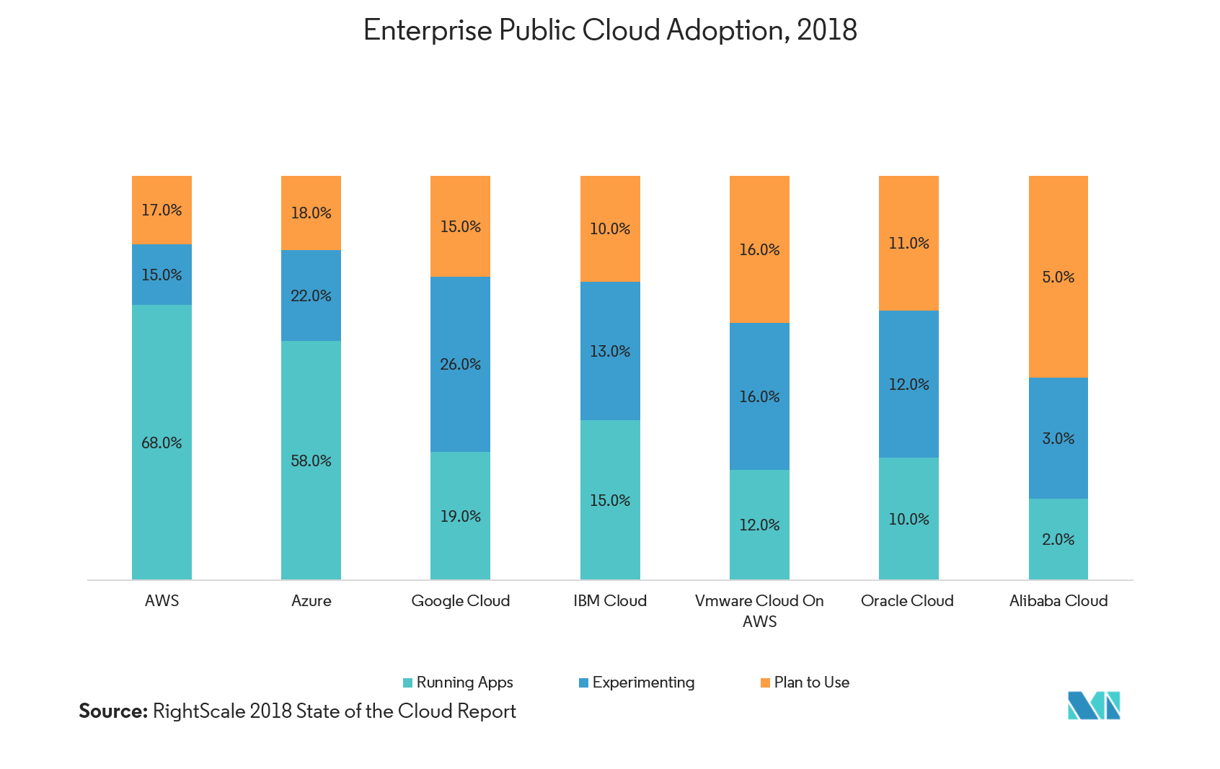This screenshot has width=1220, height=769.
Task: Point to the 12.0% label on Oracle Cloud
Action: pyautogui.click(x=909, y=384)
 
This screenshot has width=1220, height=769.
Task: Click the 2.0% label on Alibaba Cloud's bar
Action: pyautogui.click(x=1058, y=539)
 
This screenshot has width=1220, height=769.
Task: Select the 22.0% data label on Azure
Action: pyautogui.click(x=311, y=295)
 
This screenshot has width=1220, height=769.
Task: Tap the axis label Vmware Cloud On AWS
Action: pyautogui.click(x=759, y=610)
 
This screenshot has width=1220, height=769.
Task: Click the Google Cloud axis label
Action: pyautogui.click(x=460, y=600)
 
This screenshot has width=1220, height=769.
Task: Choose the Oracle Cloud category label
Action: pyautogui.click(x=907, y=600)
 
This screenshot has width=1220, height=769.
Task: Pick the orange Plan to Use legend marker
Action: pyautogui.click(x=765, y=683)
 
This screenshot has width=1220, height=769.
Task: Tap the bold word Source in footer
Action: pyautogui.click(x=112, y=711)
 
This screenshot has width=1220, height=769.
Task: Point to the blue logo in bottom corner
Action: pyautogui.click(x=1094, y=706)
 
